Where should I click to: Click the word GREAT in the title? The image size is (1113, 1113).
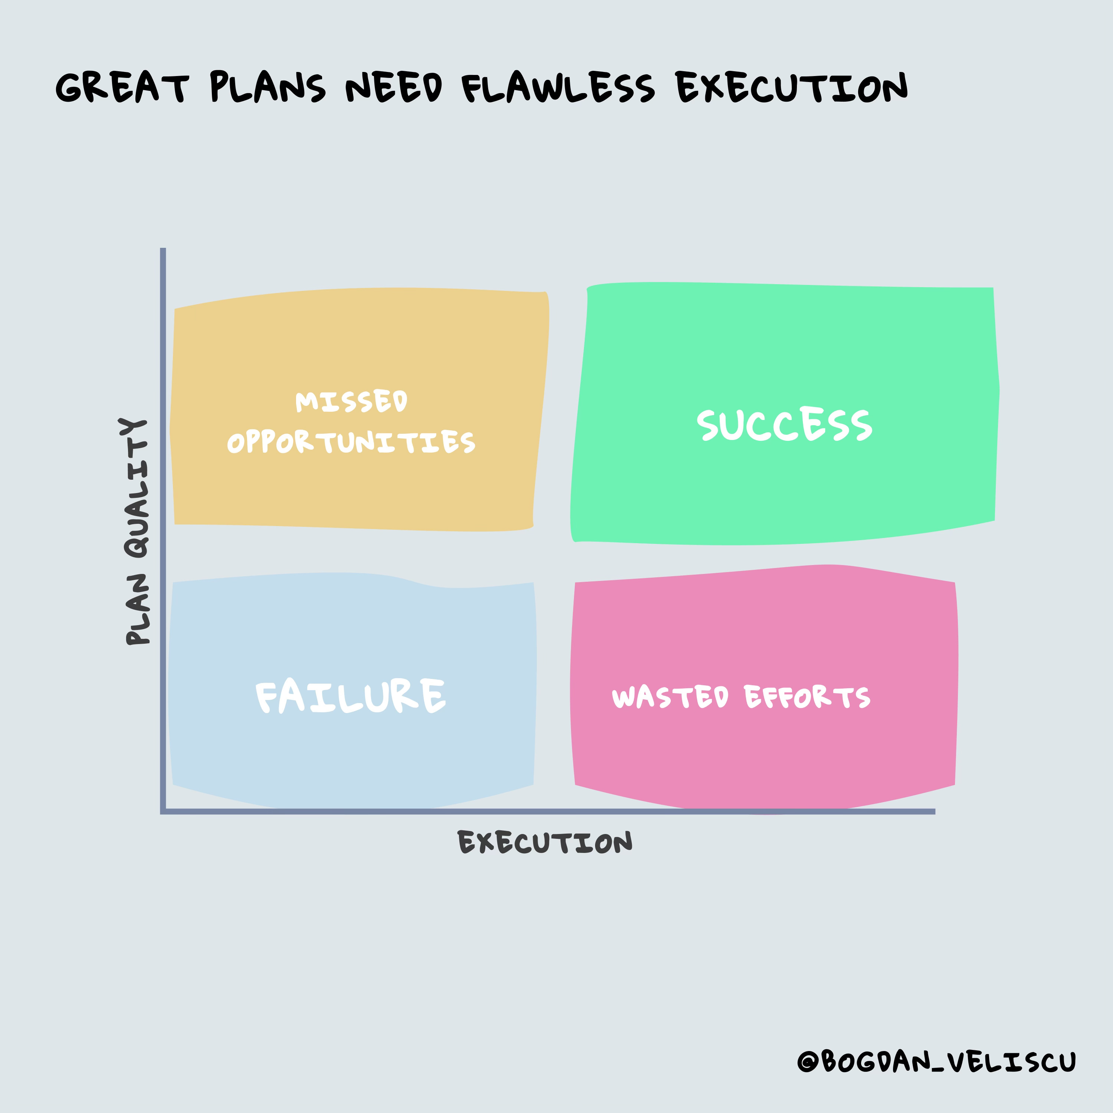tap(122, 88)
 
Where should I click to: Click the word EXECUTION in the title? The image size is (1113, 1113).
tap(792, 88)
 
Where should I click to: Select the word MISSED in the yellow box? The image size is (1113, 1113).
tap(351, 401)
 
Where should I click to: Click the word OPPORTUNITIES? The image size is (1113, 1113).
tap(351, 442)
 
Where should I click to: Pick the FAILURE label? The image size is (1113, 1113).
tap(350, 696)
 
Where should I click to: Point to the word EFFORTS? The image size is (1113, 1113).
tap(807, 697)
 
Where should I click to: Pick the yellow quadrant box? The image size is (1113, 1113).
tap(357, 340)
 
